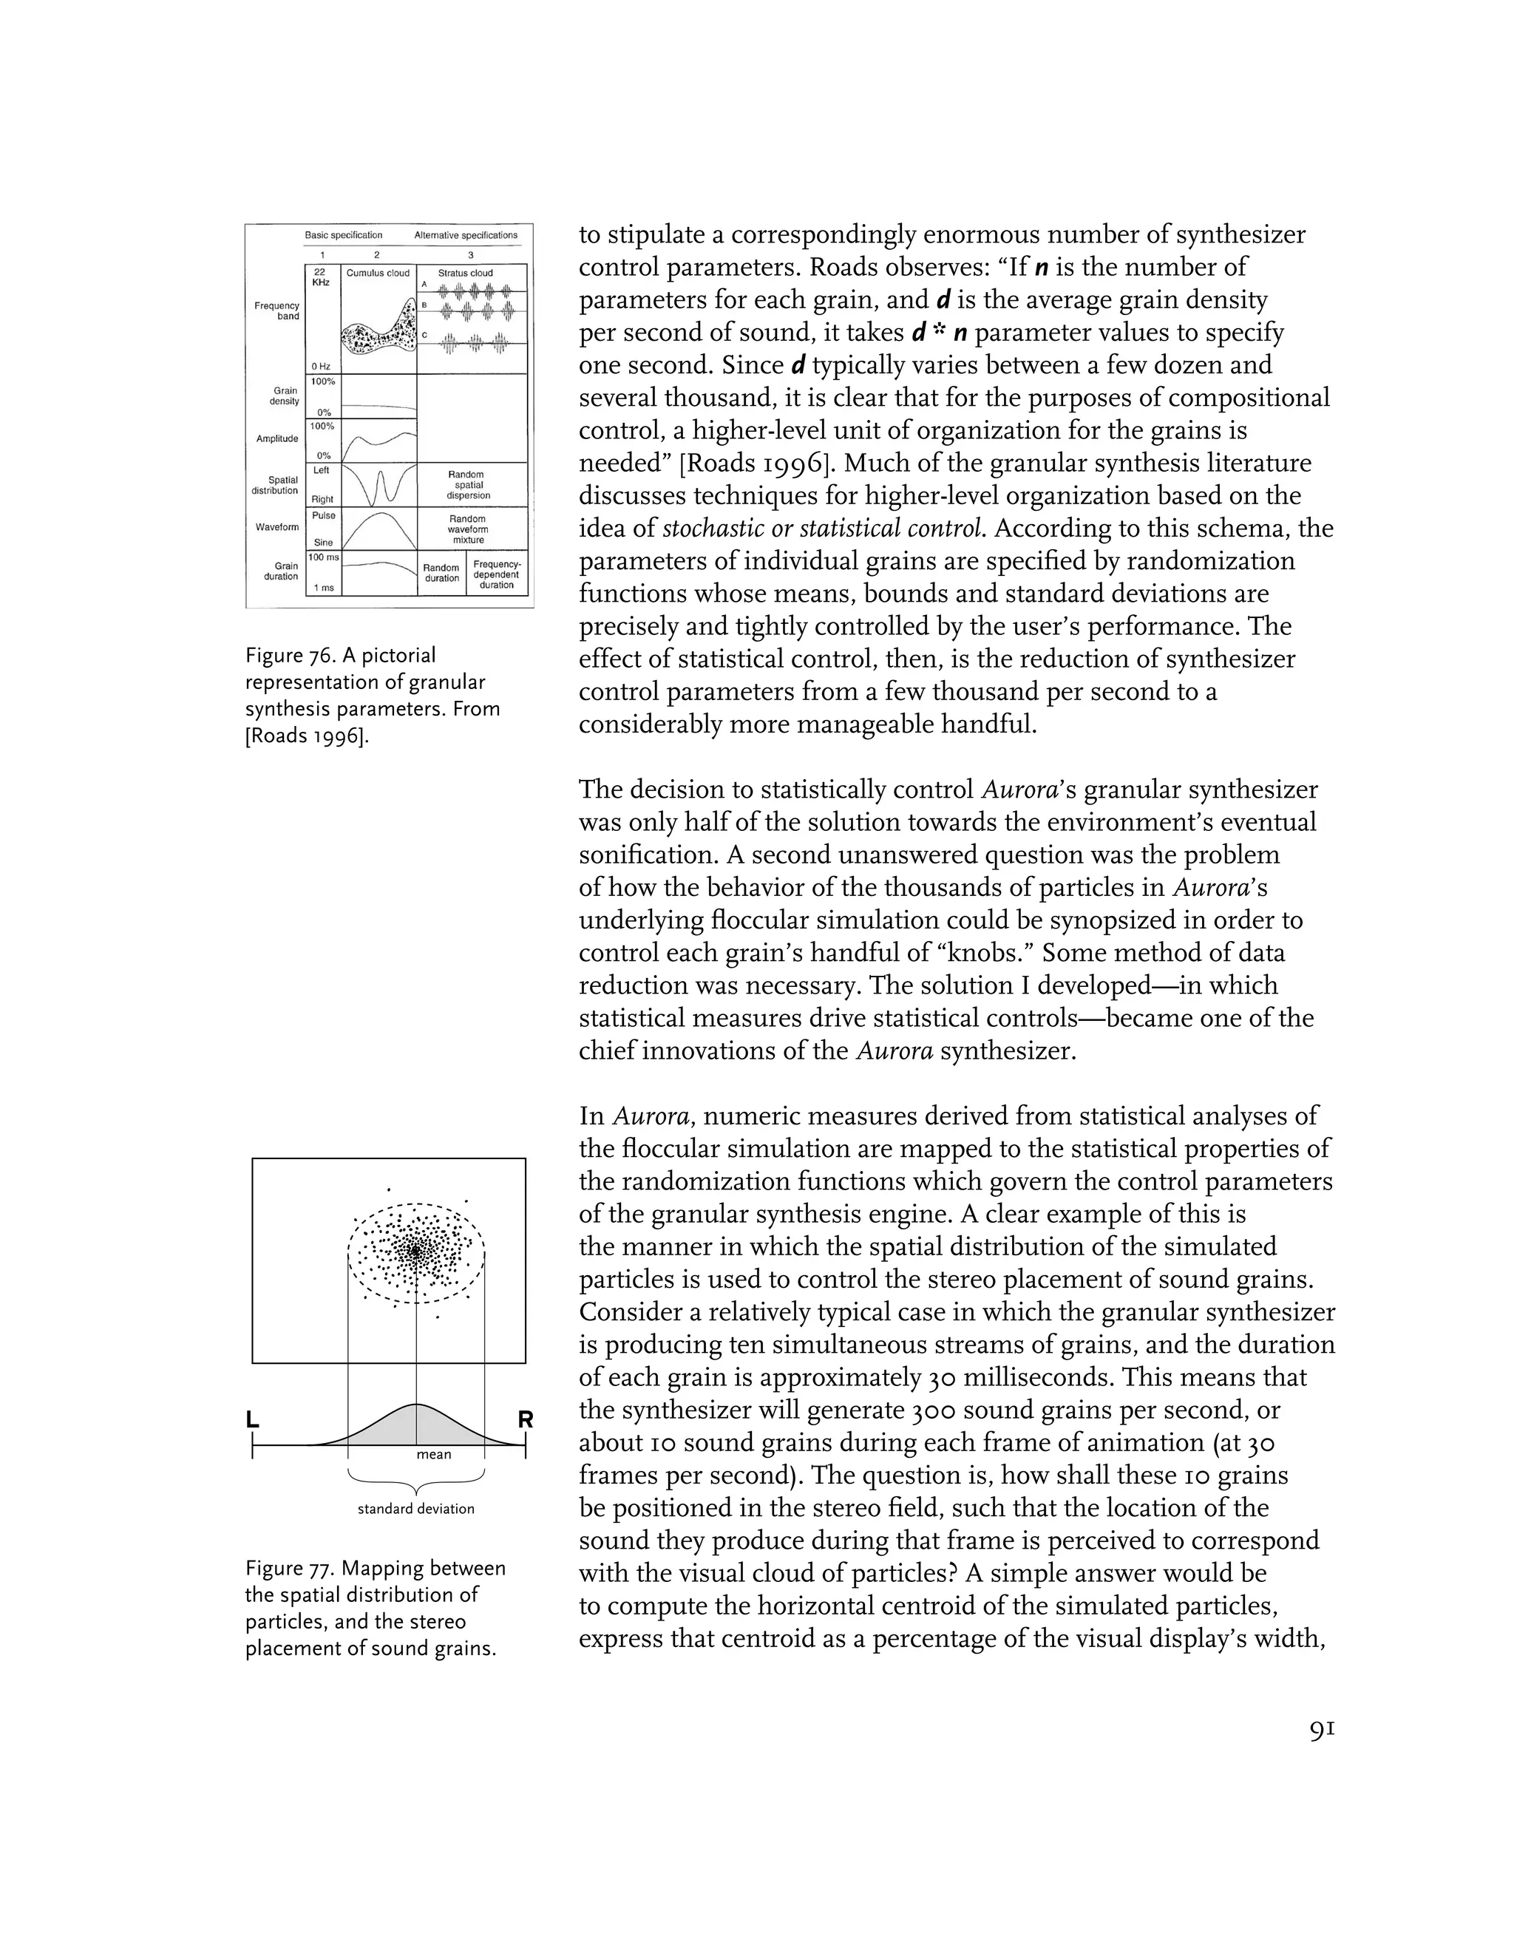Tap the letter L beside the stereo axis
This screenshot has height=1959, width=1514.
(x=253, y=1419)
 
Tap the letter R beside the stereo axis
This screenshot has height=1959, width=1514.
(x=526, y=1419)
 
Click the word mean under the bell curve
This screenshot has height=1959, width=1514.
(x=434, y=1454)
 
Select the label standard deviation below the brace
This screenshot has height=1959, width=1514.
(x=416, y=1509)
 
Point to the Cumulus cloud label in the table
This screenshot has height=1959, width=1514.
(x=378, y=273)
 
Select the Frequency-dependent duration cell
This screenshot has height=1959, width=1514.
(x=497, y=574)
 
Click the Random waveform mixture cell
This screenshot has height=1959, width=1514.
(x=468, y=529)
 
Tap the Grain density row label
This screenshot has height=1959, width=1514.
(x=285, y=395)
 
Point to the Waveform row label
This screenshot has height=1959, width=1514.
(x=277, y=526)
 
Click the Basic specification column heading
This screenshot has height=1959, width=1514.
(x=344, y=235)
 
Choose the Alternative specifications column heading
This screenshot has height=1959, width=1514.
(x=466, y=235)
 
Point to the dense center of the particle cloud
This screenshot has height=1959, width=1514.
(x=415, y=1250)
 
